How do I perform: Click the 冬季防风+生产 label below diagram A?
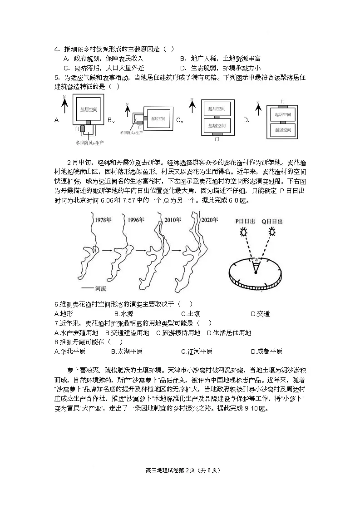click(x=89, y=143)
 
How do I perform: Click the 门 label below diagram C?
click(x=217, y=139)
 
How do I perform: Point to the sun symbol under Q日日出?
click(x=272, y=232)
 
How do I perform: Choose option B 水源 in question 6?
click(x=123, y=314)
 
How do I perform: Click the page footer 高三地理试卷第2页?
click(x=180, y=470)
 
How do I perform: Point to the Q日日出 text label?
click(x=272, y=221)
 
